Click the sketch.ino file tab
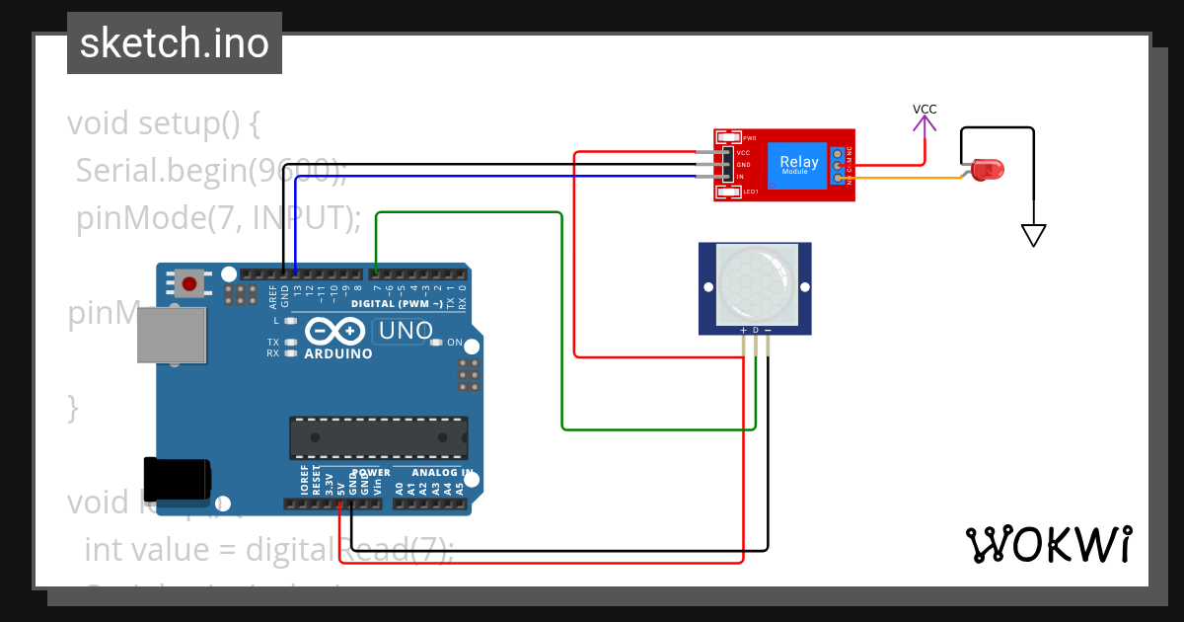[x=175, y=43]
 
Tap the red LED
[x=984, y=170]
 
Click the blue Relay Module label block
[x=798, y=164]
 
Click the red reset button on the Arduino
[x=190, y=284]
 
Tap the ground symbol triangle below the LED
[x=1033, y=236]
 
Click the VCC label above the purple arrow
[x=925, y=110]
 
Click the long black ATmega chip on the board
[x=378, y=438]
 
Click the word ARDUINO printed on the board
[x=338, y=353]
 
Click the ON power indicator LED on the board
[x=437, y=343]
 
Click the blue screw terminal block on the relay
[x=839, y=165]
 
